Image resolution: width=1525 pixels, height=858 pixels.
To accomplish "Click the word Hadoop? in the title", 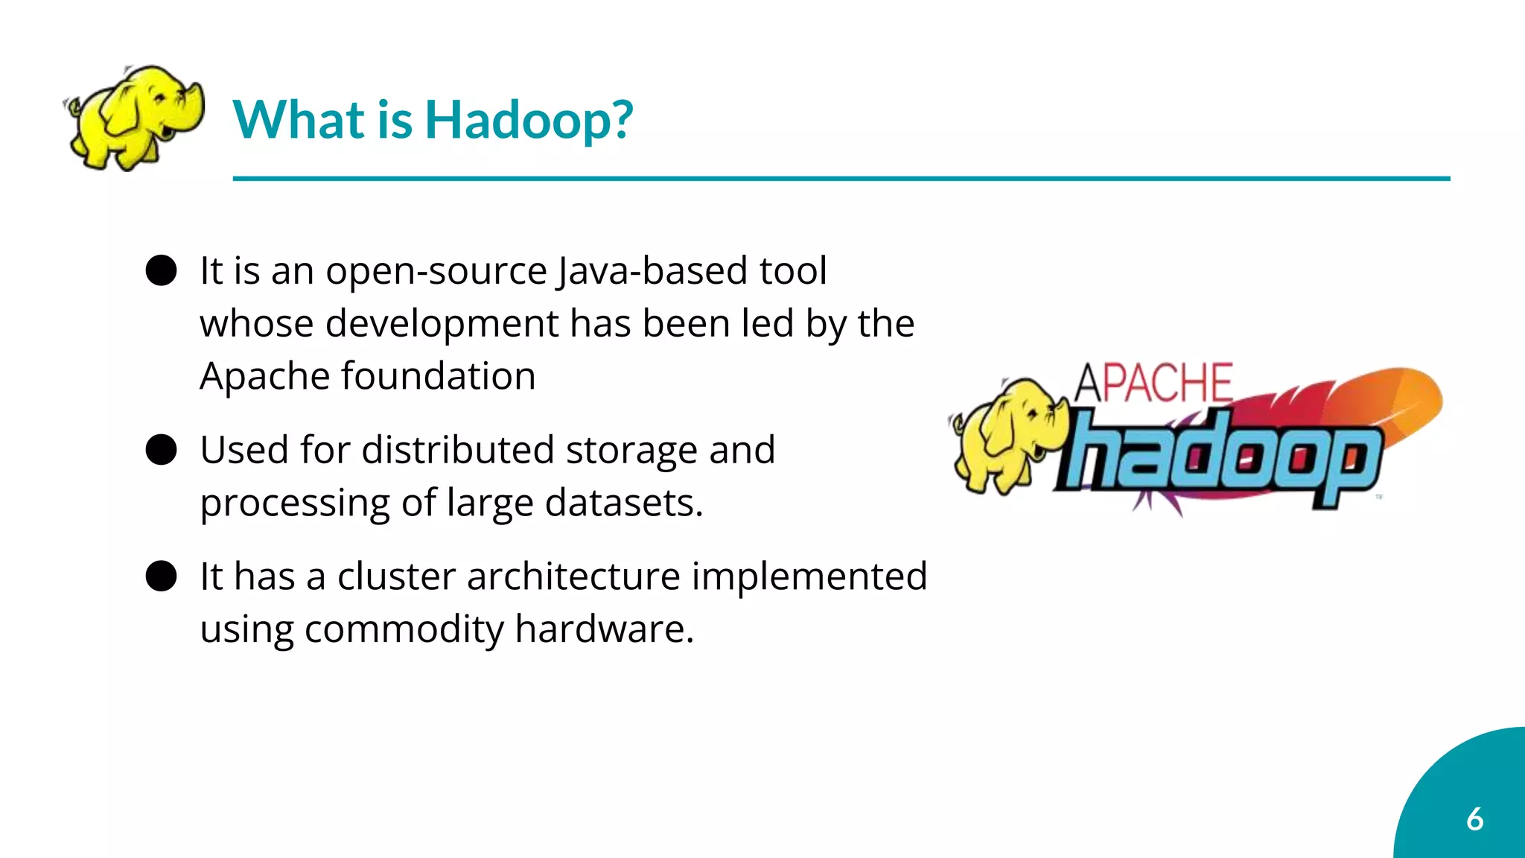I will coord(529,121).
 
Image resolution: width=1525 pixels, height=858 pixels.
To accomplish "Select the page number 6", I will coord(1474,819).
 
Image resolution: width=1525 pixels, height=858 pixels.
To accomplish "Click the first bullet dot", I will coord(161,270).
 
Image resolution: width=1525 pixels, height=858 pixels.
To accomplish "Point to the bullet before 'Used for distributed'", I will coord(161,450).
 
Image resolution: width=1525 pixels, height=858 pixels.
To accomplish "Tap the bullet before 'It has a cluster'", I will coord(161,576).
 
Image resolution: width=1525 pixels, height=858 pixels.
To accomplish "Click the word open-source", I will coord(436,271).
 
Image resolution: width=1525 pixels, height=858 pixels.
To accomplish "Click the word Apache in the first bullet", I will coord(264,377).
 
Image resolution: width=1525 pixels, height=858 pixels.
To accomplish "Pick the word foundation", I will coord(439,376).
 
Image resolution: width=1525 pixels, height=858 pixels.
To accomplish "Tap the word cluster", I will coord(396,576).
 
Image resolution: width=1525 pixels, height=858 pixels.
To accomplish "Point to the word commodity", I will coord(404,629).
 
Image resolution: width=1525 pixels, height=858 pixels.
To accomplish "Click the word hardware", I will coord(604,629).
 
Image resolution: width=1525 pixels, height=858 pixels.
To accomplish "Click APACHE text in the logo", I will coord(1153,384).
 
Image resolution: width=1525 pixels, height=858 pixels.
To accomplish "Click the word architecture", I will coord(573,576).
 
